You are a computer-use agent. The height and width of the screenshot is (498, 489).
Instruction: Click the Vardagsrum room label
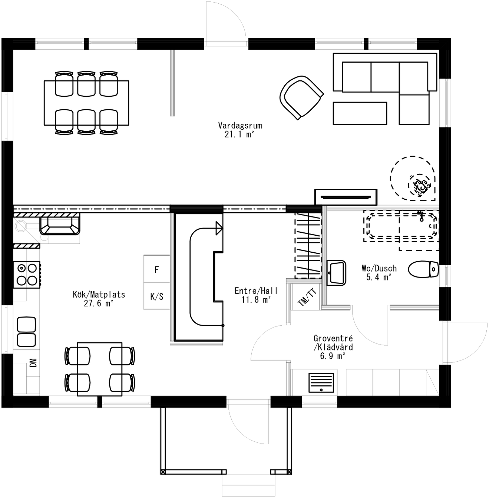tap(240, 125)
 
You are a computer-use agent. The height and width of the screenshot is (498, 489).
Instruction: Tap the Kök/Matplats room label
tap(99, 295)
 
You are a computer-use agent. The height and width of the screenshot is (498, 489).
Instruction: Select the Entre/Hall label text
tap(256, 291)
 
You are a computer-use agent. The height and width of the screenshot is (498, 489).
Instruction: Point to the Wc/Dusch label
tap(379, 268)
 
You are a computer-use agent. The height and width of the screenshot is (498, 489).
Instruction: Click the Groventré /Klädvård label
tap(333, 343)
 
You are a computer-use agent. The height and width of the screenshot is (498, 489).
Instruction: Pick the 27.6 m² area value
tap(98, 303)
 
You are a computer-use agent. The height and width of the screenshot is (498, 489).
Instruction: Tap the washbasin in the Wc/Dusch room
tap(336, 273)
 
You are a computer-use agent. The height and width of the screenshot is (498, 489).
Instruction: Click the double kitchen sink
tap(26, 332)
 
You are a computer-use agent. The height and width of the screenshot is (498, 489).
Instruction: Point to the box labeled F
tap(156, 270)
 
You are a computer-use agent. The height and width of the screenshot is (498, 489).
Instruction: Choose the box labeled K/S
tap(156, 296)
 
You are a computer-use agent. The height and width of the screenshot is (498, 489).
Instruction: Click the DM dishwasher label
tap(33, 362)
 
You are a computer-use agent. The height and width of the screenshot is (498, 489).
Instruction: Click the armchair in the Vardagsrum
tap(301, 97)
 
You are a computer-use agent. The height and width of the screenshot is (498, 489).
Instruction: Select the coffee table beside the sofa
tap(360, 113)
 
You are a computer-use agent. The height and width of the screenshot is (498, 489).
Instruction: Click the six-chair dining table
tap(86, 103)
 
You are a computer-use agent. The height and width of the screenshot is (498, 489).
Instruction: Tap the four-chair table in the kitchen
tap(99, 369)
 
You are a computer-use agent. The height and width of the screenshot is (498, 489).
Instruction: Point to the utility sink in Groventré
tap(321, 382)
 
